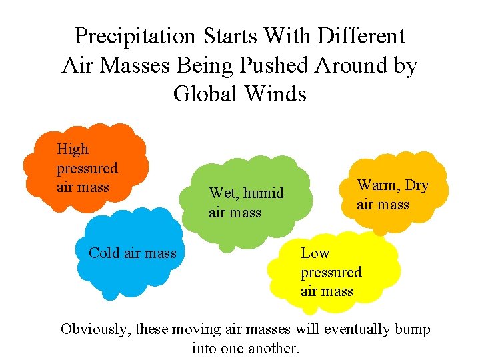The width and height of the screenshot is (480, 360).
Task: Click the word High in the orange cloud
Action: coord(73,149)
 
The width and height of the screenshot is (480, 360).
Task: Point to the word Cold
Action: coord(103,253)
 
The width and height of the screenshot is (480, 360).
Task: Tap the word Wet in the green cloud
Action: coord(223,193)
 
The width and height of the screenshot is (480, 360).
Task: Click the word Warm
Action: coord(377,185)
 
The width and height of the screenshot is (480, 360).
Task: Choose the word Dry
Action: coord(417,185)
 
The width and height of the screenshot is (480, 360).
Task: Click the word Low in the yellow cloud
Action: coord(315,253)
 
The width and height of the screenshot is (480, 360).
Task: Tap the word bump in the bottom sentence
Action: coord(413,329)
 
